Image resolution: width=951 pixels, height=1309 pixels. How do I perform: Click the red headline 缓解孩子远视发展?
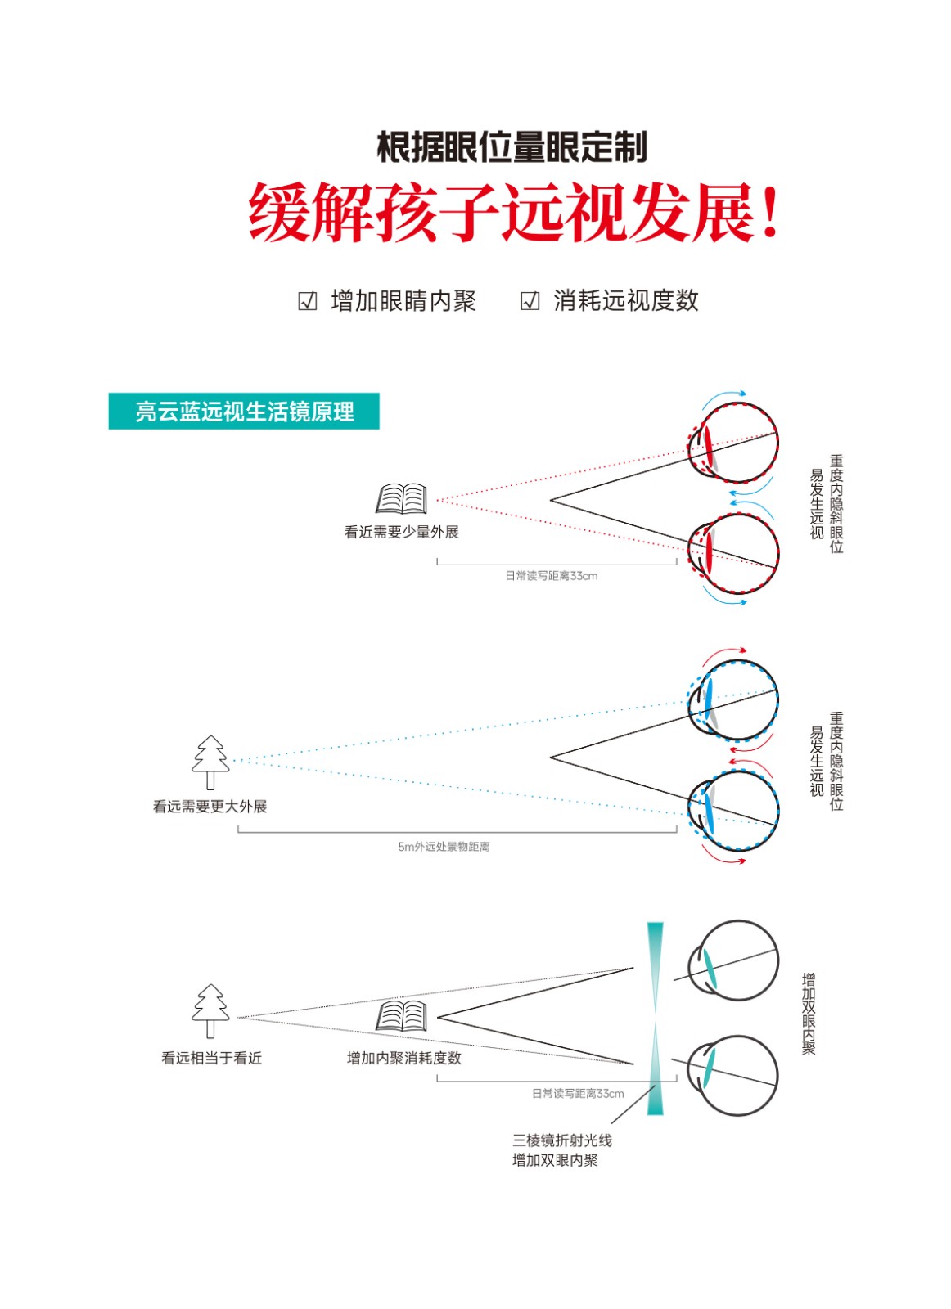click(x=512, y=212)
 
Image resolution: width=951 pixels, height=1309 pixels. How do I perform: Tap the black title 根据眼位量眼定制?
click(x=512, y=146)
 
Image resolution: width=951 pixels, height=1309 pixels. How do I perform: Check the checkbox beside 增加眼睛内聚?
click(x=307, y=302)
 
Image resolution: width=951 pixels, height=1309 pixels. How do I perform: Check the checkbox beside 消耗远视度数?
click(x=530, y=302)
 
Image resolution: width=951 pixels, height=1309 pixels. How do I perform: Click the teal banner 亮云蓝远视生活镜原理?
click(x=244, y=412)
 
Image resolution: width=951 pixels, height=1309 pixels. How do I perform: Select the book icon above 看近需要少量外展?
click(x=401, y=498)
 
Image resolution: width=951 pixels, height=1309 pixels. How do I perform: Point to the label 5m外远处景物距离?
click(x=444, y=847)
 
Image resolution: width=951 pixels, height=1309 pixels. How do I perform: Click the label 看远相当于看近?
click(x=212, y=1059)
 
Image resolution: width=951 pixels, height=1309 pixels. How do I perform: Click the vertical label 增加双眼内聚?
click(x=809, y=1014)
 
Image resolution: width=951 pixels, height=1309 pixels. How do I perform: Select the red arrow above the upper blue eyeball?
click(x=724, y=655)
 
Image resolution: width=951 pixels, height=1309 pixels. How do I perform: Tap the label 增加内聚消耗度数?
click(x=404, y=1059)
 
